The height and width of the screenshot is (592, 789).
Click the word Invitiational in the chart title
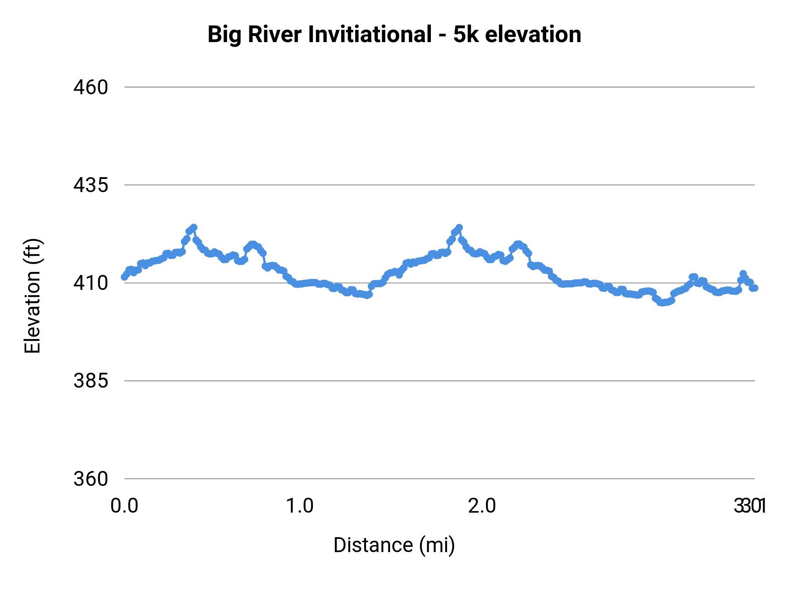[x=370, y=34]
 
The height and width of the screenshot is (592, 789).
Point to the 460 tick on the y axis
[x=91, y=87]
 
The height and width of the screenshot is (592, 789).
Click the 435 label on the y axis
[x=91, y=185]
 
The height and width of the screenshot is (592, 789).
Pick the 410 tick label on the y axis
[x=91, y=283]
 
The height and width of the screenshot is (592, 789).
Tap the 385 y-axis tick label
[x=91, y=381]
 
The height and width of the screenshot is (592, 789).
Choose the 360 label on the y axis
[x=91, y=478]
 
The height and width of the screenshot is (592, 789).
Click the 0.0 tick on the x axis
[x=124, y=506]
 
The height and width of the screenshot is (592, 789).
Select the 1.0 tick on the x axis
[x=300, y=506]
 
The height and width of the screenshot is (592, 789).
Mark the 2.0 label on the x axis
[x=482, y=506]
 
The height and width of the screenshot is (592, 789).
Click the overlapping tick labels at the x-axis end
[x=750, y=506]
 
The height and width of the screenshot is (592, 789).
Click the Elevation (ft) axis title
[x=32, y=296]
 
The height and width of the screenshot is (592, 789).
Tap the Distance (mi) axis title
[x=394, y=545]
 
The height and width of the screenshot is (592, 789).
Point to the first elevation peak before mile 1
[x=194, y=227]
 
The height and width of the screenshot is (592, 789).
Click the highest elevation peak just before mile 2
[x=459, y=228]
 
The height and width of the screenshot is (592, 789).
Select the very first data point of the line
[x=124, y=277]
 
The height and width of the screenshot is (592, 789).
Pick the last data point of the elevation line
[x=754, y=288]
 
